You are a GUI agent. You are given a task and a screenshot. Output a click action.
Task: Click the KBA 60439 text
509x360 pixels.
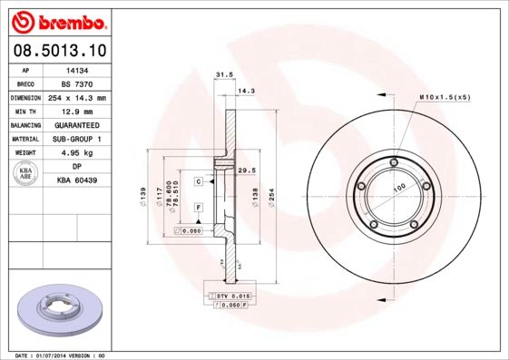(76, 181)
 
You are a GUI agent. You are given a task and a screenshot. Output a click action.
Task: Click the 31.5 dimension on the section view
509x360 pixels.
(219, 75)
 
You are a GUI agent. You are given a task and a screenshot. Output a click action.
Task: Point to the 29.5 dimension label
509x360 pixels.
(244, 170)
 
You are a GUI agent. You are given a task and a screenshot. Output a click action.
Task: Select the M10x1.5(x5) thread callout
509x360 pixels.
(444, 96)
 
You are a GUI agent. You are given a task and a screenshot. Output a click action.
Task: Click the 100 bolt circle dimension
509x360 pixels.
(398, 189)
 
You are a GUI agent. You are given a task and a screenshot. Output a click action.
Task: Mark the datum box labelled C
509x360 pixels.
(198, 181)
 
